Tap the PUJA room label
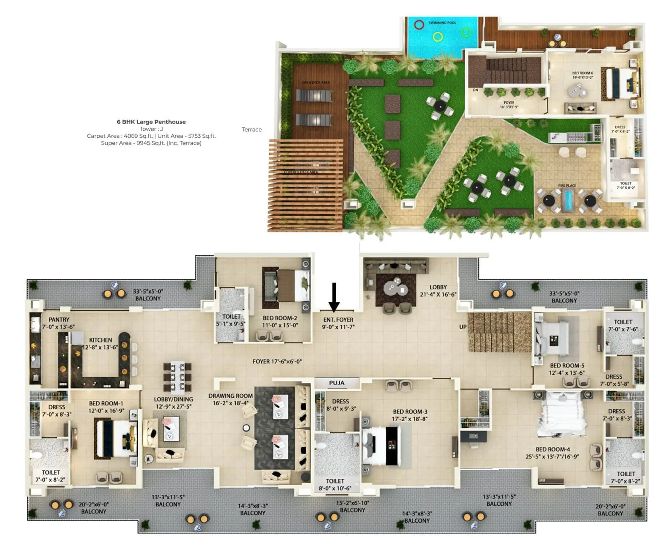click(x=337, y=383)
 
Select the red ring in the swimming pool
click(x=419, y=25)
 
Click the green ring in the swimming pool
click(x=466, y=32)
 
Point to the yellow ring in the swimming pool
click(x=438, y=37)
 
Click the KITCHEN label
click(x=100, y=340)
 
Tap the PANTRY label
click(x=59, y=320)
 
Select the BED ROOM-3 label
click(x=410, y=412)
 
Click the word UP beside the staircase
click(x=463, y=327)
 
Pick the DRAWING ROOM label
click(x=231, y=396)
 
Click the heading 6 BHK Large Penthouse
click(x=151, y=122)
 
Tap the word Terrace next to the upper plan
click(x=252, y=130)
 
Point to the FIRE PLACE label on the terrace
click(x=567, y=186)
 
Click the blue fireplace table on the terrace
click(x=568, y=200)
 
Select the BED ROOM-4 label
click(x=553, y=449)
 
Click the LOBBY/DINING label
click(x=173, y=400)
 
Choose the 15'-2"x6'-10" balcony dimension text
click(x=353, y=503)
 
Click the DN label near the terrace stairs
click(x=475, y=90)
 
